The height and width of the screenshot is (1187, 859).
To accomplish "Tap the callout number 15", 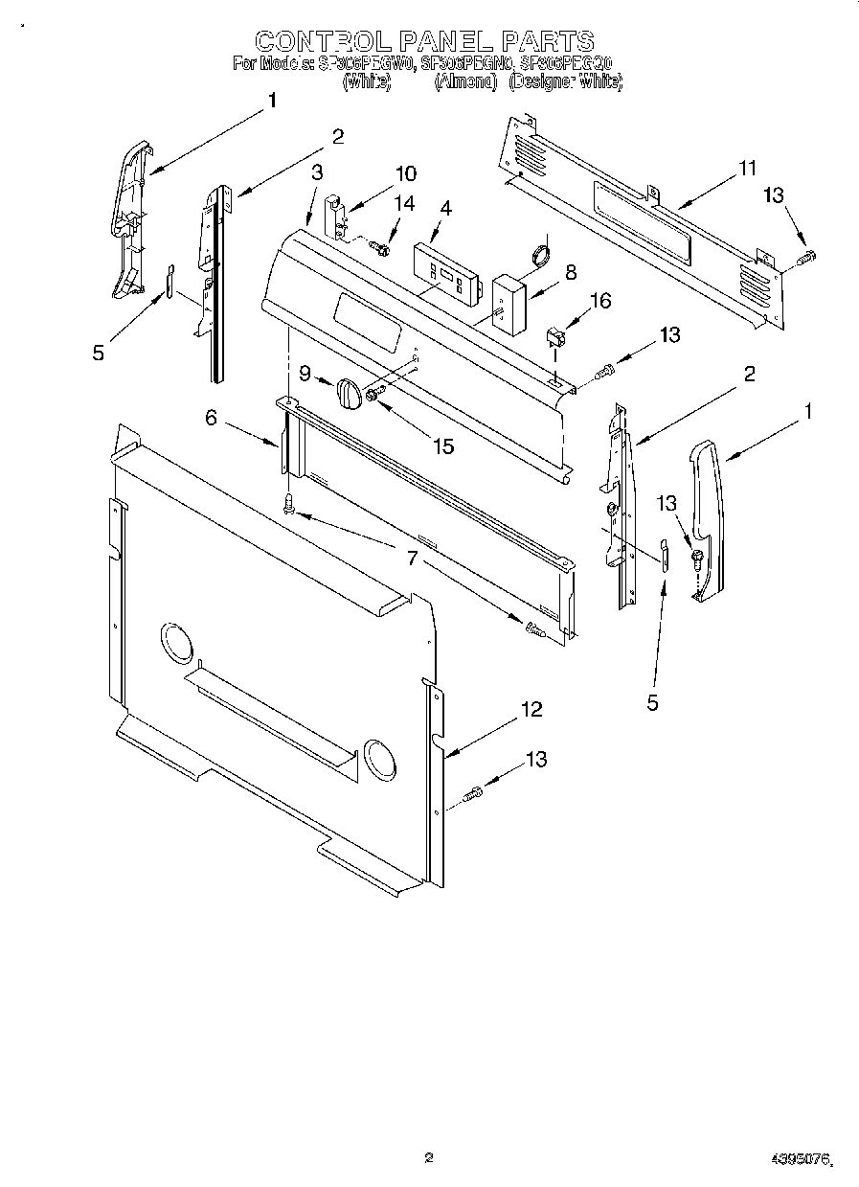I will [x=441, y=445].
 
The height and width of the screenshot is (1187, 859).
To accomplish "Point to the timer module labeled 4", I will [x=444, y=272].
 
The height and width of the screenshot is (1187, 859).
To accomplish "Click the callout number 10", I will [x=406, y=173].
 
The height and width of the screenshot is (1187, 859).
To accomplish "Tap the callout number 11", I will [x=747, y=169].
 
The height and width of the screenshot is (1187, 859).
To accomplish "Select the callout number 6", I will [x=211, y=417].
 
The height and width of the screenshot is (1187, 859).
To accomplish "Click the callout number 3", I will [x=317, y=171].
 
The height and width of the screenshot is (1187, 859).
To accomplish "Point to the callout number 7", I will [x=413, y=558].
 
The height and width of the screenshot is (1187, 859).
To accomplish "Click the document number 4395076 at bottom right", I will [x=799, y=1160].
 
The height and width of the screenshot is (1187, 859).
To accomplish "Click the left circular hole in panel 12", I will [x=176, y=642].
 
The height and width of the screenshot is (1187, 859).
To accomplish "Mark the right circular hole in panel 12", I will [x=378, y=757].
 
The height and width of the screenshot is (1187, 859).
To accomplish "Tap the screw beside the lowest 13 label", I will [x=473, y=793].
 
